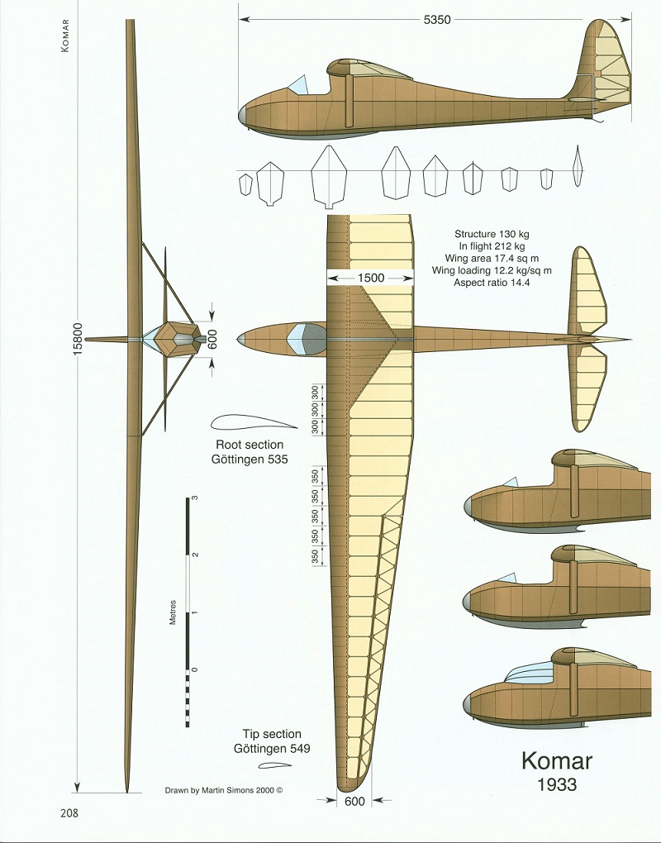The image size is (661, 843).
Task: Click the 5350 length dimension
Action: coord(436,20)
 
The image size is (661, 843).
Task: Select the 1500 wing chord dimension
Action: coord(371,278)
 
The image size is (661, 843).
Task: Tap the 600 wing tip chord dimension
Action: coord(354,801)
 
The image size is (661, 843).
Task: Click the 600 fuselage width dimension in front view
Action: coord(212,340)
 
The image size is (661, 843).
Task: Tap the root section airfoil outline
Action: coord(253,422)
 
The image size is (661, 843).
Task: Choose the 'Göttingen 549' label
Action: coord(271,749)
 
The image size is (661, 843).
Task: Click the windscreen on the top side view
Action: coord(298,83)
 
